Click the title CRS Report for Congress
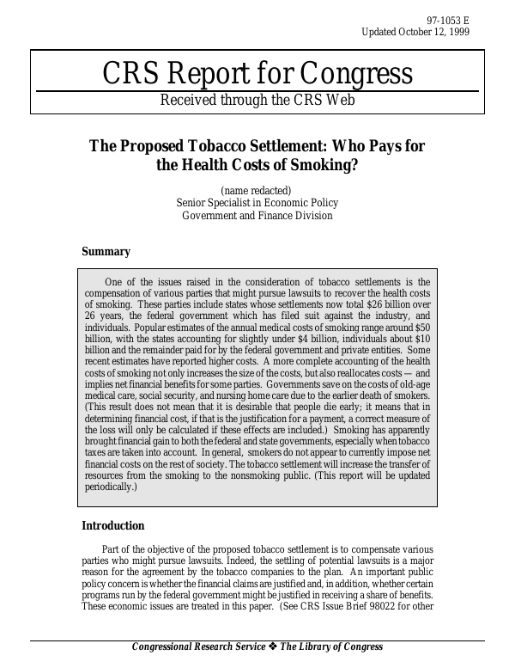click(x=257, y=74)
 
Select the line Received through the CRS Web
click(x=257, y=100)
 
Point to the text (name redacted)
click(x=257, y=189)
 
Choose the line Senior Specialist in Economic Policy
click(x=257, y=203)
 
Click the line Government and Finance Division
click(x=257, y=216)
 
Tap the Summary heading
click(x=106, y=252)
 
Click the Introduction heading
click(x=112, y=526)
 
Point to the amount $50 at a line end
click(x=422, y=328)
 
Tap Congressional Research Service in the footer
click(x=198, y=647)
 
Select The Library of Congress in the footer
click(x=331, y=647)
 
